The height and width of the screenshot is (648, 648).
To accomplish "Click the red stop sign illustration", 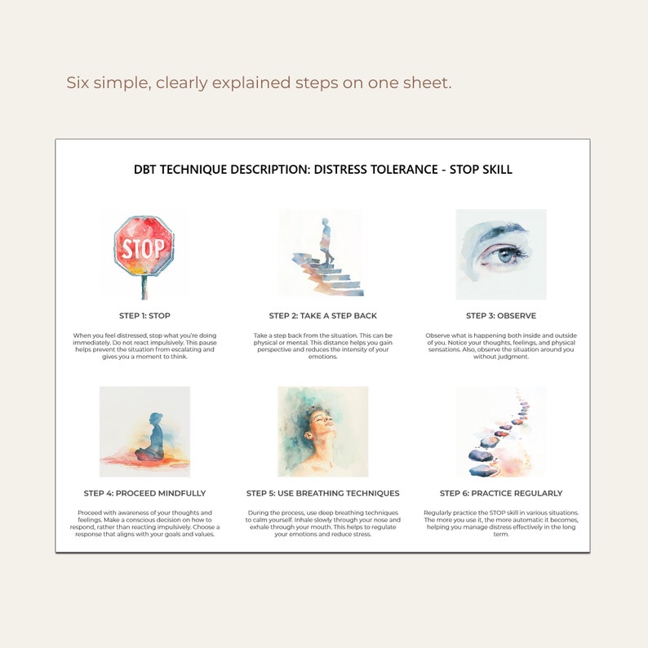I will click(x=144, y=246).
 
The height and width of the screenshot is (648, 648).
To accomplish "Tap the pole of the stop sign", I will click(x=144, y=286).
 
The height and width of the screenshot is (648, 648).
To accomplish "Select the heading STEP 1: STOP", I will click(x=144, y=316).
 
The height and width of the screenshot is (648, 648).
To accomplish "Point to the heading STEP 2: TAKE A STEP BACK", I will click(x=323, y=316).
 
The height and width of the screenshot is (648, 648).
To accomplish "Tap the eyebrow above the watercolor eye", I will click(x=498, y=232).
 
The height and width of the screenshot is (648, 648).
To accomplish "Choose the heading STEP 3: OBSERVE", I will click(x=501, y=316).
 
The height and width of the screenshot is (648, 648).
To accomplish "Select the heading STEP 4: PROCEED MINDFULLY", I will click(x=144, y=493).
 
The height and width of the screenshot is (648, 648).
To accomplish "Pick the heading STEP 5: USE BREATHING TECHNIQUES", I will click(x=323, y=493).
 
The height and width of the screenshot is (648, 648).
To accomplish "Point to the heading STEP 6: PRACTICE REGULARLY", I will click(x=501, y=493).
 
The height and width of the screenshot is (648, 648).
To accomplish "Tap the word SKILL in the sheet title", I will click(x=495, y=170).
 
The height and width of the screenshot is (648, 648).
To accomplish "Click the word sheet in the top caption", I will click(x=428, y=82).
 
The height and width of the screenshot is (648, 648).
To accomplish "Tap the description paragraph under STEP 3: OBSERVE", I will click(x=501, y=346).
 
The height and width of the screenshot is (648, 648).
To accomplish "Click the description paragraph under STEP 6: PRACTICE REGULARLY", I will click(x=501, y=523).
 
